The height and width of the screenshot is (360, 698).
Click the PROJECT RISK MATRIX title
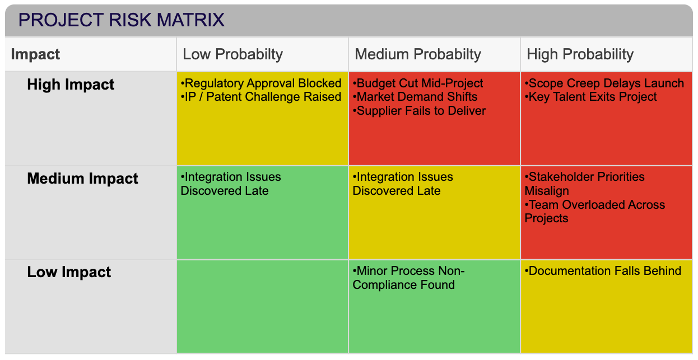(x=121, y=20)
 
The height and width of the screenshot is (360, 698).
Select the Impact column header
(x=35, y=54)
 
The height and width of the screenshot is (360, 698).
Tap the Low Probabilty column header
(x=232, y=54)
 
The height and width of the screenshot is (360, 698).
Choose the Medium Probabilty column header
(x=417, y=54)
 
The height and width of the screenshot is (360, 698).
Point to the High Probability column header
(x=580, y=54)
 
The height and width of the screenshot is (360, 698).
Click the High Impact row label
(x=71, y=85)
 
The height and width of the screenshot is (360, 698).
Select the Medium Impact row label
(x=82, y=179)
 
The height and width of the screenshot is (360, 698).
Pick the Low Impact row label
(x=69, y=272)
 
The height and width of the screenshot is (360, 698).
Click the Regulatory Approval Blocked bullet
(x=261, y=83)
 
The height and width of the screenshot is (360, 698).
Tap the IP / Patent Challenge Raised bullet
(x=261, y=97)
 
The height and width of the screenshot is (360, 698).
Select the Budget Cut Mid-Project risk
(x=418, y=83)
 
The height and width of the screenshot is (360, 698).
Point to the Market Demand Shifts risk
(x=415, y=97)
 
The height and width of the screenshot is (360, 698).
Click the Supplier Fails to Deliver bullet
(x=419, y=111)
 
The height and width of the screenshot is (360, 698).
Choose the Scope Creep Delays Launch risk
(x=604, y=83)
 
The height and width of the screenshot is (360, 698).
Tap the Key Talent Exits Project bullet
(x=591, y=97)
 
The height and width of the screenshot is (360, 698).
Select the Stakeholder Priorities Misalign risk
(x=585, y=184)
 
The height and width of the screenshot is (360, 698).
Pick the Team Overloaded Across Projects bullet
(x=595, y=212)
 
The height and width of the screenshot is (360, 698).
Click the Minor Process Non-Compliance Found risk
(x=408, y=278)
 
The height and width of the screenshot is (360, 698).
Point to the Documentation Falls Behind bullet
(x=603, y=271)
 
